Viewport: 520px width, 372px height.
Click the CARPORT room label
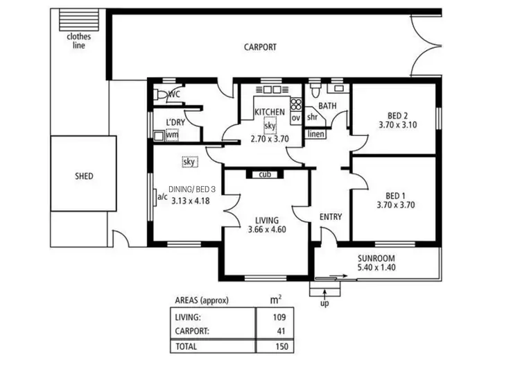260,47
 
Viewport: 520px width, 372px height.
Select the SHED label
84,176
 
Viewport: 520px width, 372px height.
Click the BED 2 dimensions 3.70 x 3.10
396,125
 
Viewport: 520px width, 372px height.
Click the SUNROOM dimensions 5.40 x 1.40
376,267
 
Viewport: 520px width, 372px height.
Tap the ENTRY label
331,217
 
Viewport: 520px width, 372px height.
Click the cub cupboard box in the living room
264,174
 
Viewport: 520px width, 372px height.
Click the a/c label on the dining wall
162,196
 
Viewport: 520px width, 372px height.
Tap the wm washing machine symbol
171,135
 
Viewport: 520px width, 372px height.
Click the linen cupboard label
315,134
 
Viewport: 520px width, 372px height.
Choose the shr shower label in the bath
312,117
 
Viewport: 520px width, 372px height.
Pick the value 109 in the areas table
279,317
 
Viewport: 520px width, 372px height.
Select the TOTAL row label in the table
186,346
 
